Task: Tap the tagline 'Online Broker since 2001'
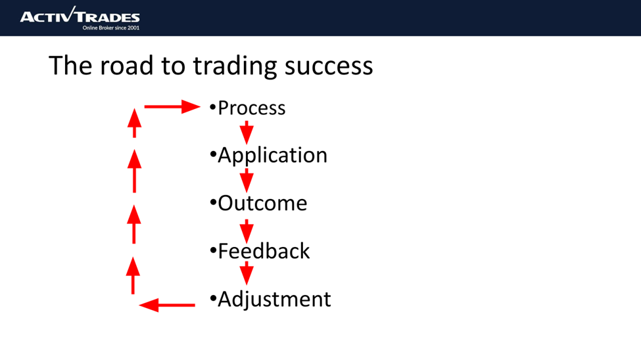(110, 28)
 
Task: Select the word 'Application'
(272, 156)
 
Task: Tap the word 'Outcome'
(262, 204)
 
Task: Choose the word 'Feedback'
(264, 252)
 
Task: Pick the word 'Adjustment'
(274, 300)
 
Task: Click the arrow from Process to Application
(247, 132)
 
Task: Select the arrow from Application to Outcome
(247, 180)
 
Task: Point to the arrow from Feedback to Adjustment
(247, 275)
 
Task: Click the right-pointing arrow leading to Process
(172, 106)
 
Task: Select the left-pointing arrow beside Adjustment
(168, 305)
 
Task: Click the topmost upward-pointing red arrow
(134, 122)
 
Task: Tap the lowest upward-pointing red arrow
(133, 275)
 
